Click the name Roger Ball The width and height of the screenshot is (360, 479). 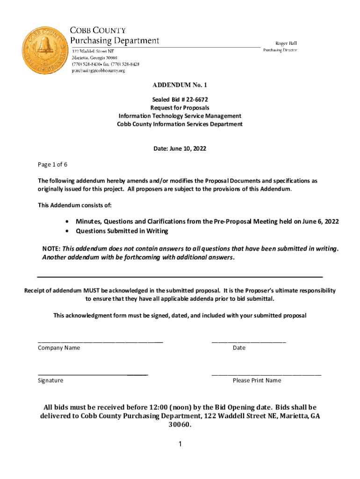280,43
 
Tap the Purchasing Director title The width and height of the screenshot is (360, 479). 280,50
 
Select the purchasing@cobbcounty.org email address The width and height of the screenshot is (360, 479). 98,71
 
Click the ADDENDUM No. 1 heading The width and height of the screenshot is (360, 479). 180,85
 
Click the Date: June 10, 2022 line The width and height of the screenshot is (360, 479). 180,149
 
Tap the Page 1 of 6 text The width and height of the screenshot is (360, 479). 52,165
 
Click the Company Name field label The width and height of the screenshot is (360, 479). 59,348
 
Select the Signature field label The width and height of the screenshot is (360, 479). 50,381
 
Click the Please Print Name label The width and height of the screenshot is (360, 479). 257,381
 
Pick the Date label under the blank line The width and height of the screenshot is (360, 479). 239,348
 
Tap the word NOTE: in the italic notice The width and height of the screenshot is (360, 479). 51,248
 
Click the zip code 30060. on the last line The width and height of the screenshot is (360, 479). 180,425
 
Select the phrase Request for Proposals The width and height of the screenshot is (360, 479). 180,108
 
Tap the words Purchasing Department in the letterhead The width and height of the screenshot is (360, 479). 115,41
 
